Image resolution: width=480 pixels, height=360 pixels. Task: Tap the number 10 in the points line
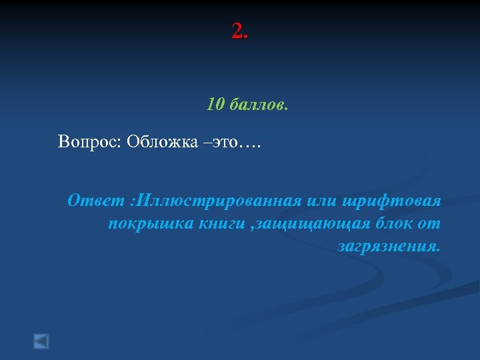point(215,105)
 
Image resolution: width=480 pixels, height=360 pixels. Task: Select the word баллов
point(259,105)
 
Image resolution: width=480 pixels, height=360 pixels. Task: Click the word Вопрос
point(85,142)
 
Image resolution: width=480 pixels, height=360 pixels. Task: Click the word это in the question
point(225,142)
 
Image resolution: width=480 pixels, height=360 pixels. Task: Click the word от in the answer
point(430,223)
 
